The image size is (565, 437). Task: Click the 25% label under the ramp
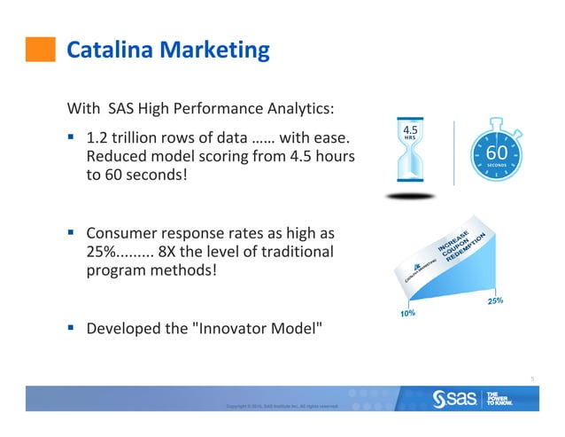[x=496, y=301]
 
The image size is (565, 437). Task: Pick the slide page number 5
[x=532, y=378]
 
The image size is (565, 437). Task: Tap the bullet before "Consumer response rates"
[x=73, y=234]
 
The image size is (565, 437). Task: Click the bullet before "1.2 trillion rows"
[x=73, y=138]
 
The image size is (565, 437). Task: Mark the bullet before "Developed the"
[x=73, y=328]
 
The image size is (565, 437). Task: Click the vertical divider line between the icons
[x=454, y=153]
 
